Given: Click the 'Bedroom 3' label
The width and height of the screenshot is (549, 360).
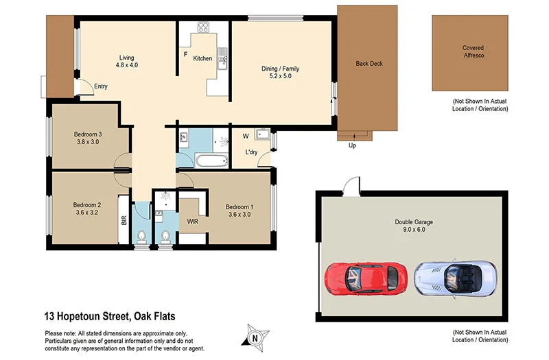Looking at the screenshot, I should click(89, 134).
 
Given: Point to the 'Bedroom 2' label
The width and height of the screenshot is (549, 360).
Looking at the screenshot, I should click(87, 204).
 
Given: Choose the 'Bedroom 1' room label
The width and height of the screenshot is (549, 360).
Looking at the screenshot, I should click(240, 207).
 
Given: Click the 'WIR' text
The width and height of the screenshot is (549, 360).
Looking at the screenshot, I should click(193, 221).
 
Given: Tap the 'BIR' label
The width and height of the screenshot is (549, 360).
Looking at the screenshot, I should click(124, 221).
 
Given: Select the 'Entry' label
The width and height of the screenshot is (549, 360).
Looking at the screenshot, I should click(101, 86).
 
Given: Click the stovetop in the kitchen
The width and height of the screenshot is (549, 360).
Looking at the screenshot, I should click(204, 28).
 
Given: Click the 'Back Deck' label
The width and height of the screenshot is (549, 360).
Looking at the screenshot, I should click(369, 64).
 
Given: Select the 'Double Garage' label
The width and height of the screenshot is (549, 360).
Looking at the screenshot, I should click(414, 221).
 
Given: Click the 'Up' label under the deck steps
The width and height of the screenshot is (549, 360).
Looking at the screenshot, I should click(353, 145).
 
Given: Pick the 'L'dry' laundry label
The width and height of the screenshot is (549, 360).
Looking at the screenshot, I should click(251, 152).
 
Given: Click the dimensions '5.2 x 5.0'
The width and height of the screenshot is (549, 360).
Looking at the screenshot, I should click(281, 77).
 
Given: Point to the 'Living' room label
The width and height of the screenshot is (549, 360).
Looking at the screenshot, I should click(126, 58).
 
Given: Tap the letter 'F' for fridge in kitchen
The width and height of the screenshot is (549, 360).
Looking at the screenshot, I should click(185, 53).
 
